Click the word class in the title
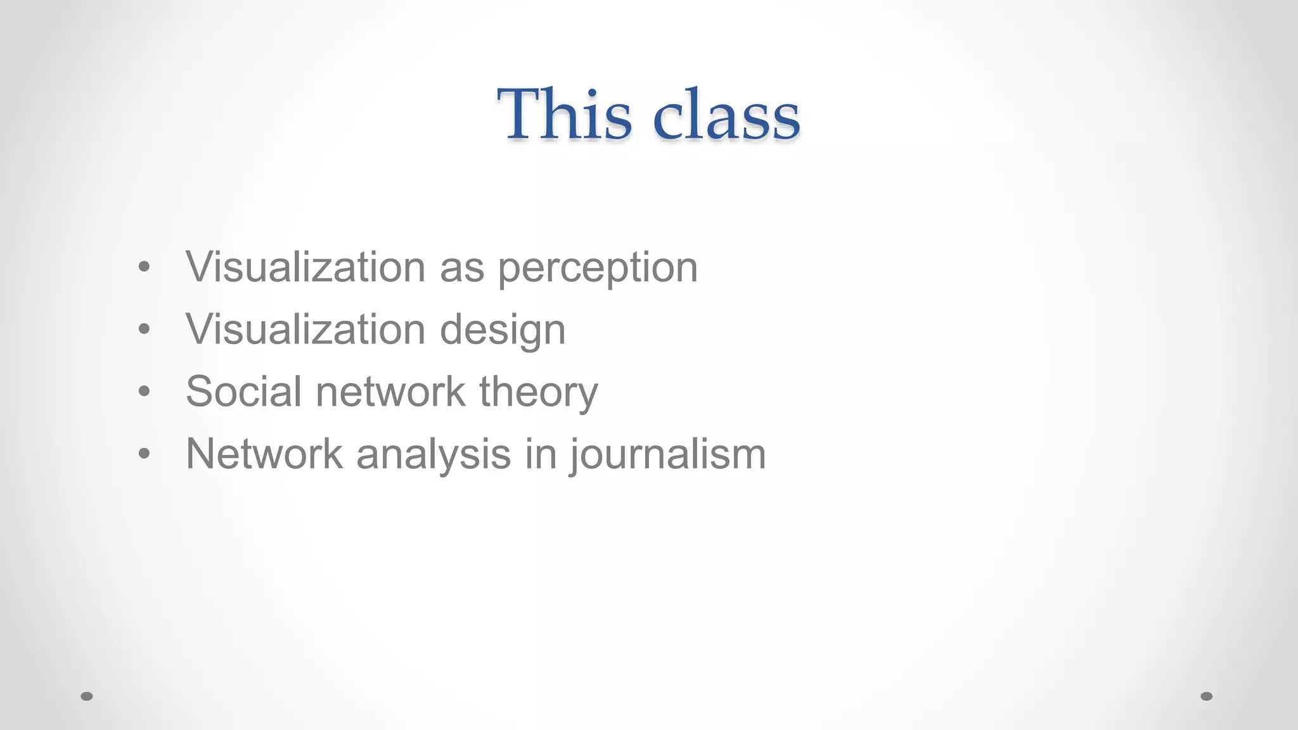pos(726,115)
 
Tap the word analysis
pos(434,455)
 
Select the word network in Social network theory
pos(390,391)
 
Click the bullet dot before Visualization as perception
pos(145,267)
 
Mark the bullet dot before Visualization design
pos(145,330)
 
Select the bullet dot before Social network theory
pos(145,392)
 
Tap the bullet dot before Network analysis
pos(145,454)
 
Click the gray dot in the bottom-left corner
pos(87,696)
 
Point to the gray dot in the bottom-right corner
pos(1207,696)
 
